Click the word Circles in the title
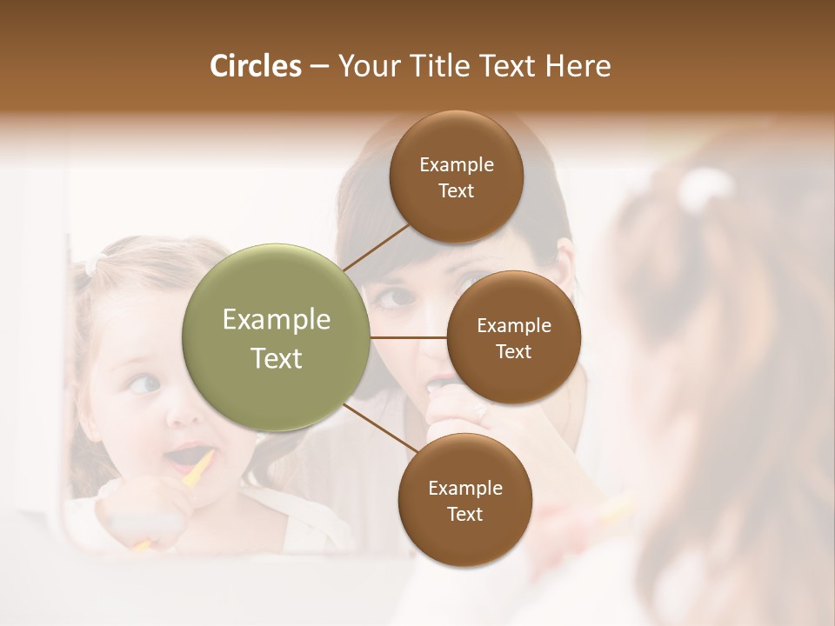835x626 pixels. [x=255, y=66]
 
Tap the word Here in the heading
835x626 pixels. [x=578, y=66]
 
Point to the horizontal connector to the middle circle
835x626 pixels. [x=408, y=337]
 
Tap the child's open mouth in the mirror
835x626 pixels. [x=184, y=456]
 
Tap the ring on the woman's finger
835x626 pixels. [x=481, y=415]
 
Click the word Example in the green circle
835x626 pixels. [x=276, y=320]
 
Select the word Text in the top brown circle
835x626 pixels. [x=456, y=191]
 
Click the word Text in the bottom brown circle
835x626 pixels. [x=464, y=515]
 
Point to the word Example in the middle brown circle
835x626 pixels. [x=513, y=326]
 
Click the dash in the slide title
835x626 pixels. [x=318, y=67]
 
